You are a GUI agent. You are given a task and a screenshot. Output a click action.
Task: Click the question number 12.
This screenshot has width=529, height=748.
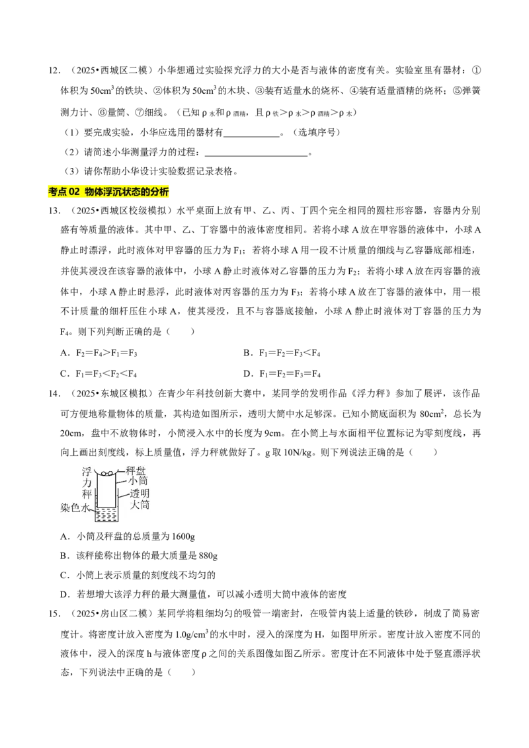point(54,71)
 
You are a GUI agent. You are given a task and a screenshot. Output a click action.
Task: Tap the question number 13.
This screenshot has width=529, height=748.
point(54,210)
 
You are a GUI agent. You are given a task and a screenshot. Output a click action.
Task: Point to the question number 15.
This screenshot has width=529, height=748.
point(54,613)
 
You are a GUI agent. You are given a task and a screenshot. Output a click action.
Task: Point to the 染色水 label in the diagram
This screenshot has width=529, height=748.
point(75,507)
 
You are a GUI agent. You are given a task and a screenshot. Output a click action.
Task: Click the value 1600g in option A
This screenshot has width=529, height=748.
point(183,537)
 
